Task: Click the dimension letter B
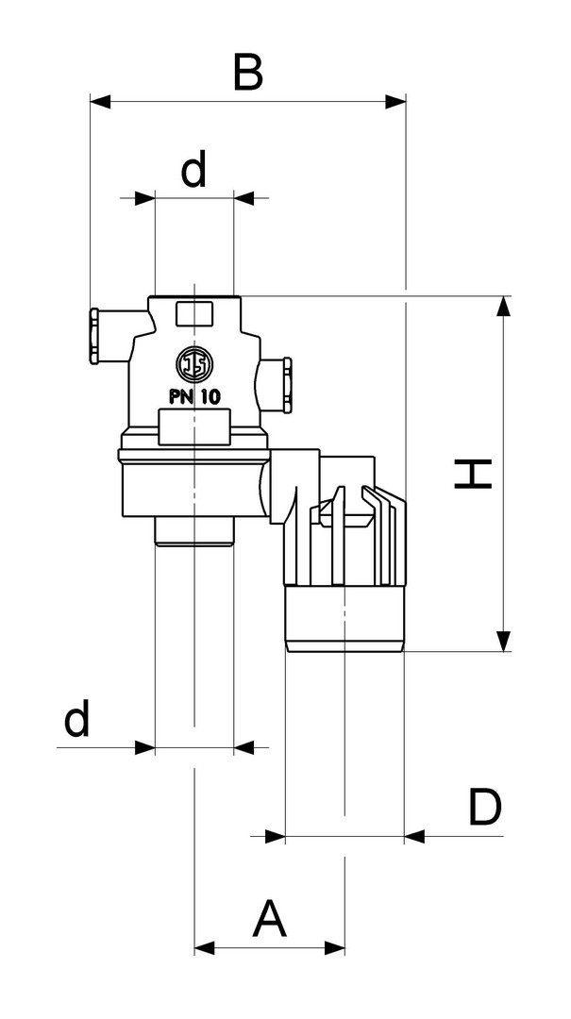click(x=247, y=73)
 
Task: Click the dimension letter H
click(x=473, y=474)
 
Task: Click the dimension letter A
click(x=269, y=919)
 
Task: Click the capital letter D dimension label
click(x=484, y=808)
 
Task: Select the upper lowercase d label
click(x=193, y=170)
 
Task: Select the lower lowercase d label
click(x=77, y=721)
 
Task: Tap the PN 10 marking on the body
click(x=194, y=397)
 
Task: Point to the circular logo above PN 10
click(x=193, y=364)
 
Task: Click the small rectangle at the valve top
click(x=193, y=312)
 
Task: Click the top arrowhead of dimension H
click(x=504, y=307)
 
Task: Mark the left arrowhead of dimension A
click(x=205, y=946)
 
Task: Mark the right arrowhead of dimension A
click(x=334, y=946)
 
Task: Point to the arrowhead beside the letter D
click(x=415, y=836)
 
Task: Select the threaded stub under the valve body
click(x=193, y=531)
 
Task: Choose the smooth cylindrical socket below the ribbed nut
click(x=344, y=618)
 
